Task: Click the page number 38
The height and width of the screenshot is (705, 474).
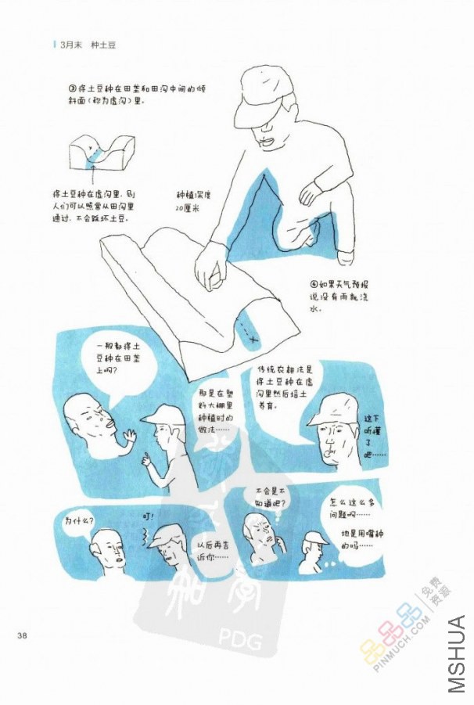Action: coord(22,635)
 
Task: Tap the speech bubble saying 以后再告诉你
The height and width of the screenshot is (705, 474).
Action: coord(213,550)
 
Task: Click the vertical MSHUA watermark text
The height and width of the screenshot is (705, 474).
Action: coord(458,654)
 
